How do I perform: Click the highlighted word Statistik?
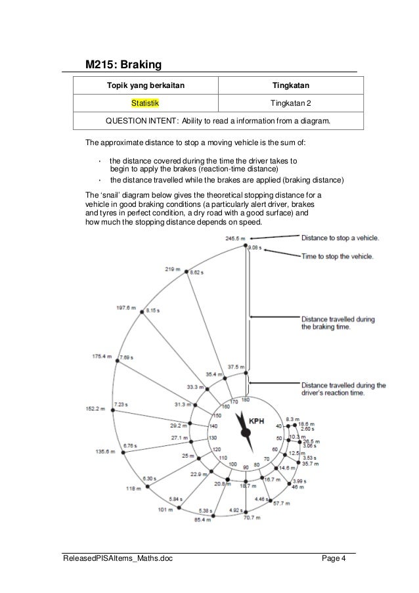(144, 103)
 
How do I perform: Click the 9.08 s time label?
(255, 248)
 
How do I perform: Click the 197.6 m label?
(126, 308)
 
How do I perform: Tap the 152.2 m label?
(96, 408)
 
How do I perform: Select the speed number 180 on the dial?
(245, 400)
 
